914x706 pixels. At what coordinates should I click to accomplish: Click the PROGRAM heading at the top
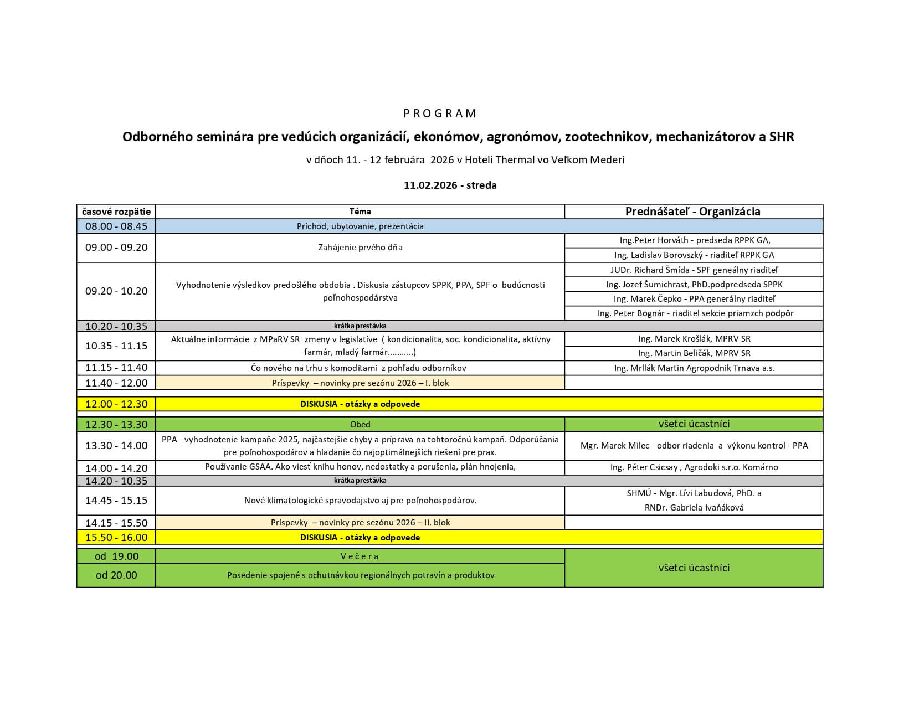(440, 114)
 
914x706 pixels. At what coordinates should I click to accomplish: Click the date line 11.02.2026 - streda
(450, 185)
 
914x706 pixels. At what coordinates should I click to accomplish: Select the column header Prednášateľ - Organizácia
(692, 212)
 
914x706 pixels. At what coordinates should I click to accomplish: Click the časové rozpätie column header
(116, 212)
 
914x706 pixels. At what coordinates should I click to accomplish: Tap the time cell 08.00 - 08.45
(116, 226)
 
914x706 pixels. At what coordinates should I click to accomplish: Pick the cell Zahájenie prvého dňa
(360, 248)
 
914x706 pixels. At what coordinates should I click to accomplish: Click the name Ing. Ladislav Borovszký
(659, 255)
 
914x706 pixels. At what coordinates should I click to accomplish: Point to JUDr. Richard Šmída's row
(694, 270)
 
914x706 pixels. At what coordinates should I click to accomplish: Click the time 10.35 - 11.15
(116, 346)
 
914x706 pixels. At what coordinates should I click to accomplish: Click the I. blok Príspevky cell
(360, 383)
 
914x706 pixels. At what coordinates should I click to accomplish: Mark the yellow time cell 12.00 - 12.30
(116, 404)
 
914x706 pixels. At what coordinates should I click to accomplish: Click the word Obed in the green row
(360, 425)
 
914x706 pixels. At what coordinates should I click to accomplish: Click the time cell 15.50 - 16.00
(116, 538)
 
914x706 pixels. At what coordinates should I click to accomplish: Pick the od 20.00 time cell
(116, 575)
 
